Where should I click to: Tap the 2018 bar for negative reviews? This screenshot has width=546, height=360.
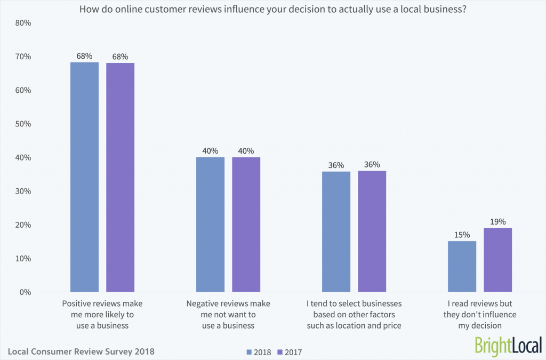click(210, 225)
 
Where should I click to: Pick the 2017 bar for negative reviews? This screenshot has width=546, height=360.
click(246, 225)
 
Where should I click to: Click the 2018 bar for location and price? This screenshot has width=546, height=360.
click(336, 231)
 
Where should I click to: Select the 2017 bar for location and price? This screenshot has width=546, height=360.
click(372, 231)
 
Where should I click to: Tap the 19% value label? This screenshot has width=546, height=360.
click(498, 221)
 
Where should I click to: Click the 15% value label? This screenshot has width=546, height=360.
click(462, 235)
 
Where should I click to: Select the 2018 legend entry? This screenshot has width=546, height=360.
click(258, 352)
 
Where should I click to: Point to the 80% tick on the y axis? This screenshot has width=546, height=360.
click(22, 23)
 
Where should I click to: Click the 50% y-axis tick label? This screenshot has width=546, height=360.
click(22, 124)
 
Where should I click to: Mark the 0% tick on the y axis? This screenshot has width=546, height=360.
click(24, 292)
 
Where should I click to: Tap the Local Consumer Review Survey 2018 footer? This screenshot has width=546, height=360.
click(81, 351)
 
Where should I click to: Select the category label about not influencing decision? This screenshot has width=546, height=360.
click(480, 314)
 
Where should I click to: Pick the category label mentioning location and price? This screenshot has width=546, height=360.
click(354, 314)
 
